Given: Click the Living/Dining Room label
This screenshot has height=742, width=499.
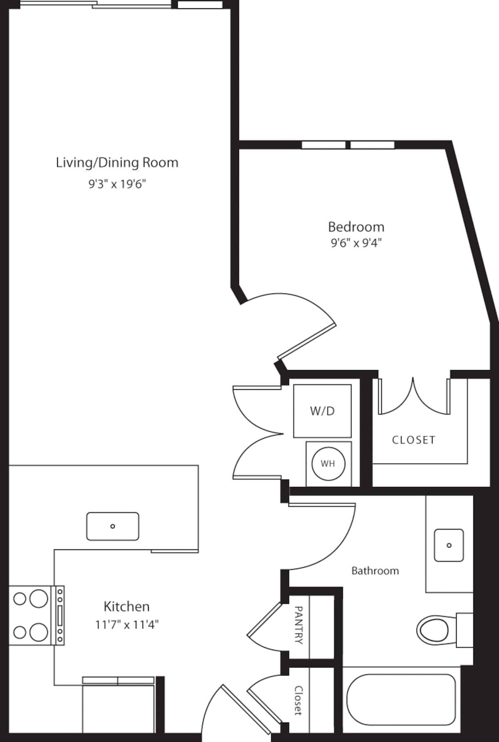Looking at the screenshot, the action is [x=117, y=163].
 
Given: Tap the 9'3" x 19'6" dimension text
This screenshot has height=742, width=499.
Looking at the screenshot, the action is [x=117, y=184].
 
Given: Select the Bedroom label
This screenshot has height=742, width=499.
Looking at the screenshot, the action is [x=356, y=227].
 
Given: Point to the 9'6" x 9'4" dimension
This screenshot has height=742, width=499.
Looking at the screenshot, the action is [x=356, y=243].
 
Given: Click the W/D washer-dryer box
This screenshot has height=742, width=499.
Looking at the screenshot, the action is [x=322, y=411].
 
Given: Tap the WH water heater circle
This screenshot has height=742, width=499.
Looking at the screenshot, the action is [x=328, y=463].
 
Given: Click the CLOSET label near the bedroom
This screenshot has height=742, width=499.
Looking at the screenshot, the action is [x=414, y=440].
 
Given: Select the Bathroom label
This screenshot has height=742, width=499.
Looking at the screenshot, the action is [x=375, y=571].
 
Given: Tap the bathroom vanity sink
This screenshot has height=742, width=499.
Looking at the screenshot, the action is [x=449, y=545].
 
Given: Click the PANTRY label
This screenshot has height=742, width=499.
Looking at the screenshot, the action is [x=299, y=625].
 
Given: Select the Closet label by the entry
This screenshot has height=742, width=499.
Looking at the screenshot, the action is [x=298, y=701].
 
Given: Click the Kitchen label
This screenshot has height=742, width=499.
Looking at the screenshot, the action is [x=126, y=606].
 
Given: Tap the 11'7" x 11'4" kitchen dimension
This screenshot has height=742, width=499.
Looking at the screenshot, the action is [x=127, y=624].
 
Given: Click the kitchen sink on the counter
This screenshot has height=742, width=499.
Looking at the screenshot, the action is [x=113, y=526].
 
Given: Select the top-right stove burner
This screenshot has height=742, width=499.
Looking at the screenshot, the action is [x=38, y=599].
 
